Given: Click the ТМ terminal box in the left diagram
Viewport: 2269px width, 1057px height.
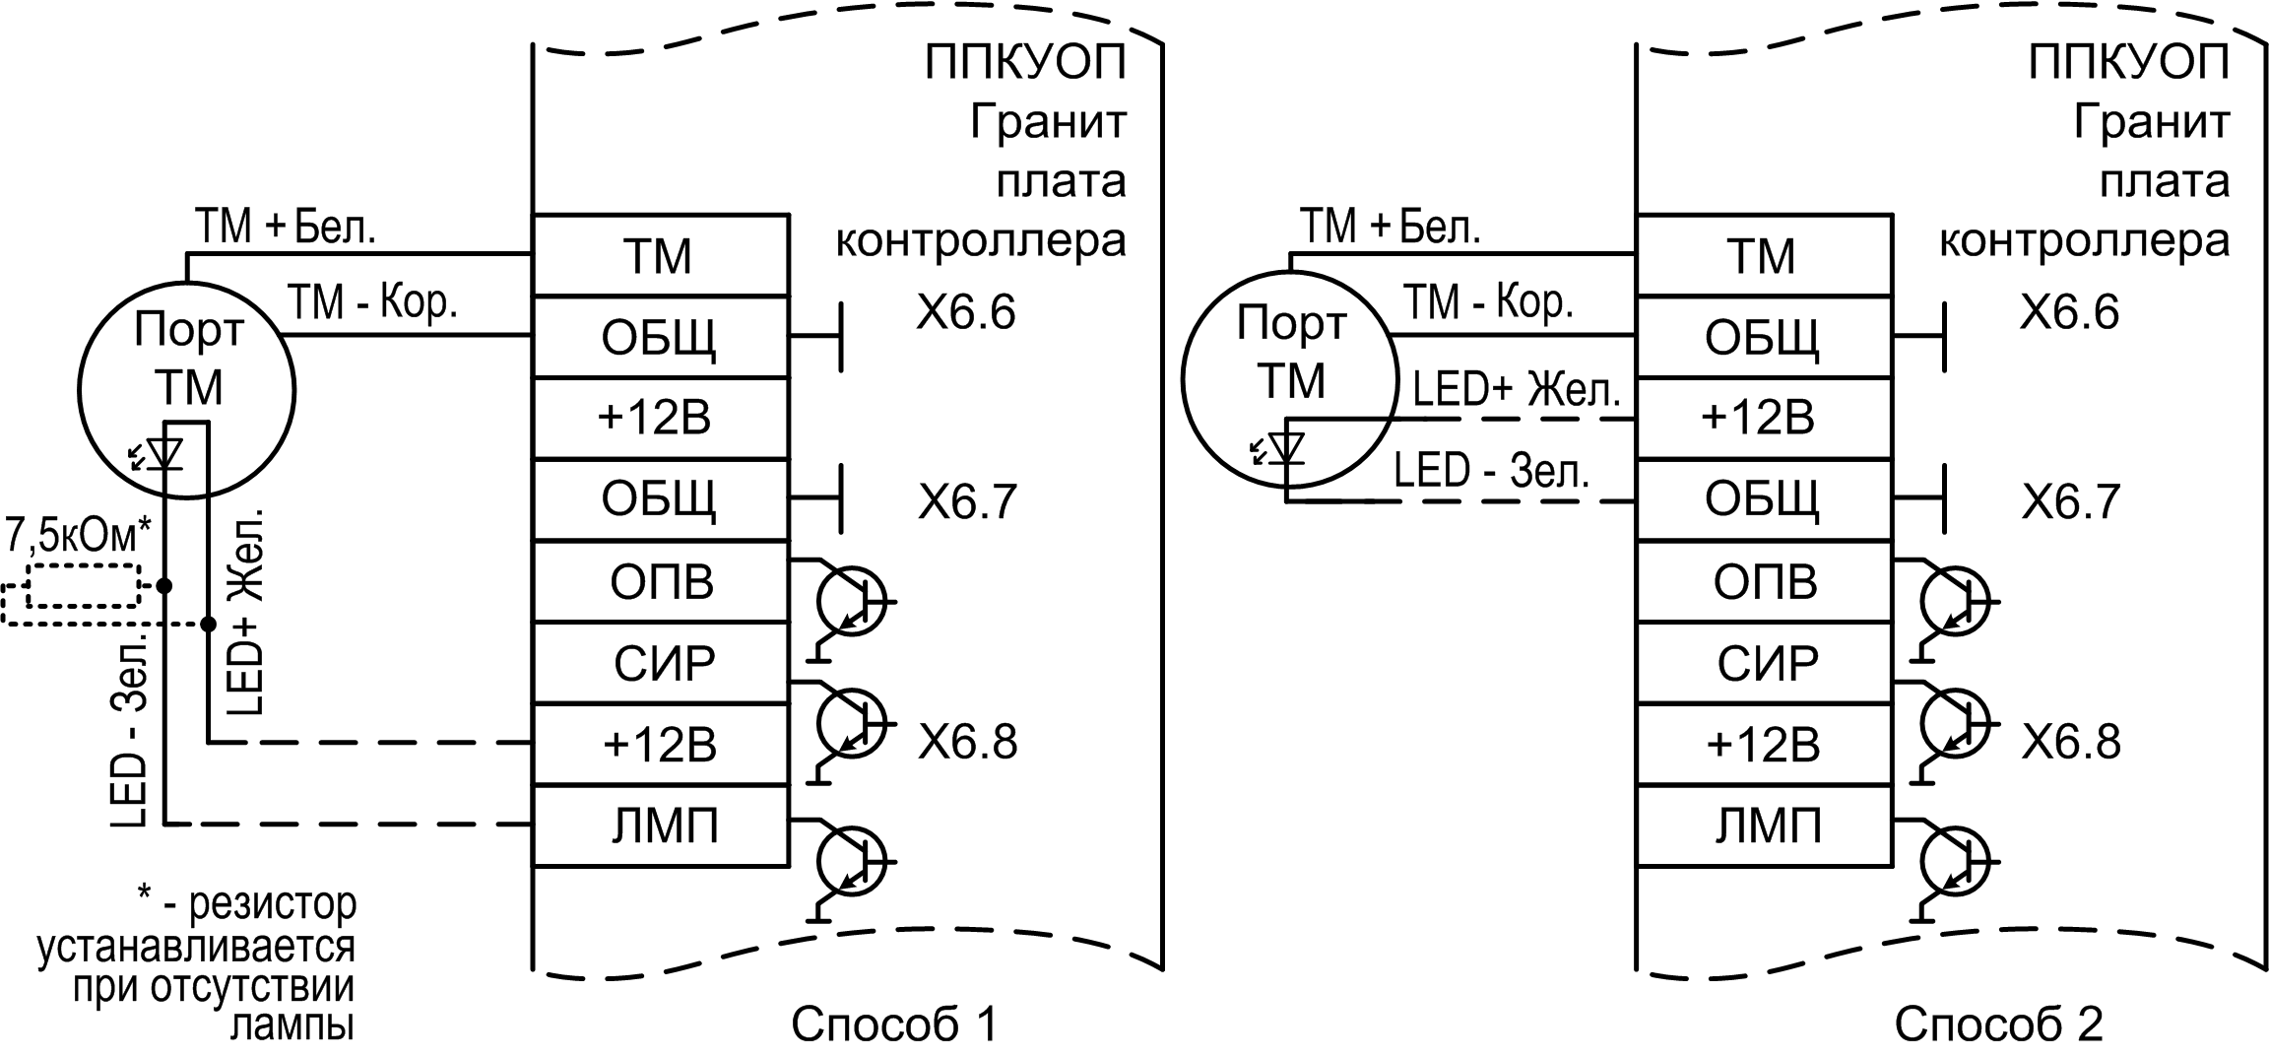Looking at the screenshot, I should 660,256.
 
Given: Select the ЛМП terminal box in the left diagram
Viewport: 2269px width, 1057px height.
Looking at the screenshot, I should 661,826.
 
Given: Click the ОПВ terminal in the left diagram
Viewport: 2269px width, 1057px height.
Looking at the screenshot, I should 661,582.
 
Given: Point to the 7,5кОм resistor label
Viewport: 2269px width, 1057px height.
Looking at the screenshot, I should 79,536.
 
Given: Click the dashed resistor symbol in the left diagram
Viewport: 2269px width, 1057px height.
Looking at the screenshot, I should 84,586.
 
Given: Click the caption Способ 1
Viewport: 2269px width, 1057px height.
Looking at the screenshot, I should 894,1025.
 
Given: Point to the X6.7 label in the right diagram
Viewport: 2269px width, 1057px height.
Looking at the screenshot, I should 2070,502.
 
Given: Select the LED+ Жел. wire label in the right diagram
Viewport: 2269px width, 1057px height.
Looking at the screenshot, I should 1516,391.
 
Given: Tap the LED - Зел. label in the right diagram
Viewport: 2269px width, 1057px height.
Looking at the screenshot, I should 1491,471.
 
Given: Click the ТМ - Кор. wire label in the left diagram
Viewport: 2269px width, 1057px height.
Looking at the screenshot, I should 372,302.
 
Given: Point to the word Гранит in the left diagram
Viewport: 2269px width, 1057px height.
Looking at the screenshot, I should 1047,123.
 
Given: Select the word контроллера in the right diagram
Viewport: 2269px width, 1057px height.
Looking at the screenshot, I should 2084,240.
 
